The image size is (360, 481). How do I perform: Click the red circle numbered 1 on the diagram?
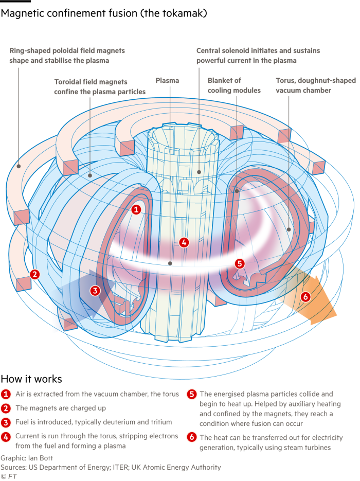pos(136,209)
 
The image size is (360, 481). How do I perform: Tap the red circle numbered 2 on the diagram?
pos(34,274)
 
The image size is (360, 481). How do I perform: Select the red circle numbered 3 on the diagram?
pos(95,291)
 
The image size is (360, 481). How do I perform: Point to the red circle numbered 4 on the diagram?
pos(184,242)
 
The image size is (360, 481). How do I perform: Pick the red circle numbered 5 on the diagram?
pos(239,263)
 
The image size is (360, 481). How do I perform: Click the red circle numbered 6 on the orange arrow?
pos(305,296)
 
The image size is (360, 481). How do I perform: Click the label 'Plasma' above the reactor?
pos(167,81)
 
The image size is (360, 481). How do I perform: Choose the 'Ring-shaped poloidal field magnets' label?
pos(67,56)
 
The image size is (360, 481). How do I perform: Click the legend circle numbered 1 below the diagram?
pos(6,394)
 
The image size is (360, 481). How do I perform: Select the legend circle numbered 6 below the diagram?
pos(191,438)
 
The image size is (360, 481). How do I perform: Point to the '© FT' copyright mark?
pos(8,476)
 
